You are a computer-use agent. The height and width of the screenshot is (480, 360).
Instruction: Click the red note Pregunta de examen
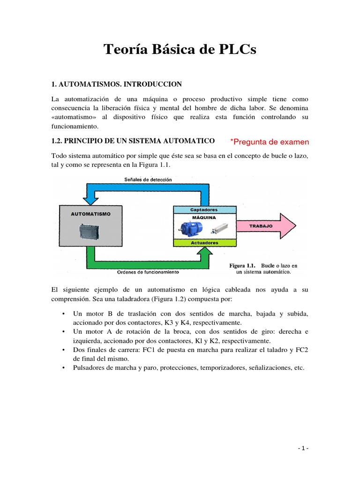[x=270, y=142]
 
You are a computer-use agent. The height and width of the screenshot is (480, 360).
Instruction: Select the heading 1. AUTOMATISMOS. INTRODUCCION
[x=116, y=84]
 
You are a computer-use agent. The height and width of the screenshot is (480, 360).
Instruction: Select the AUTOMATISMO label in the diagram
[x=91, y=214]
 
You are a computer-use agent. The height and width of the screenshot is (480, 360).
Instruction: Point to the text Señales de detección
[x=148, y=180]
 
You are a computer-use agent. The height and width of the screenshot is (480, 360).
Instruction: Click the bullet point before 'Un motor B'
[x=63, y=314]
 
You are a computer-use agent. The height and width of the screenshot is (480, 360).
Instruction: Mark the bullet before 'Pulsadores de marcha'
[x=63, y=368]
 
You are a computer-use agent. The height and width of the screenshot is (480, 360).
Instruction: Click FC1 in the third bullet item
[x=165, y=349]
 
